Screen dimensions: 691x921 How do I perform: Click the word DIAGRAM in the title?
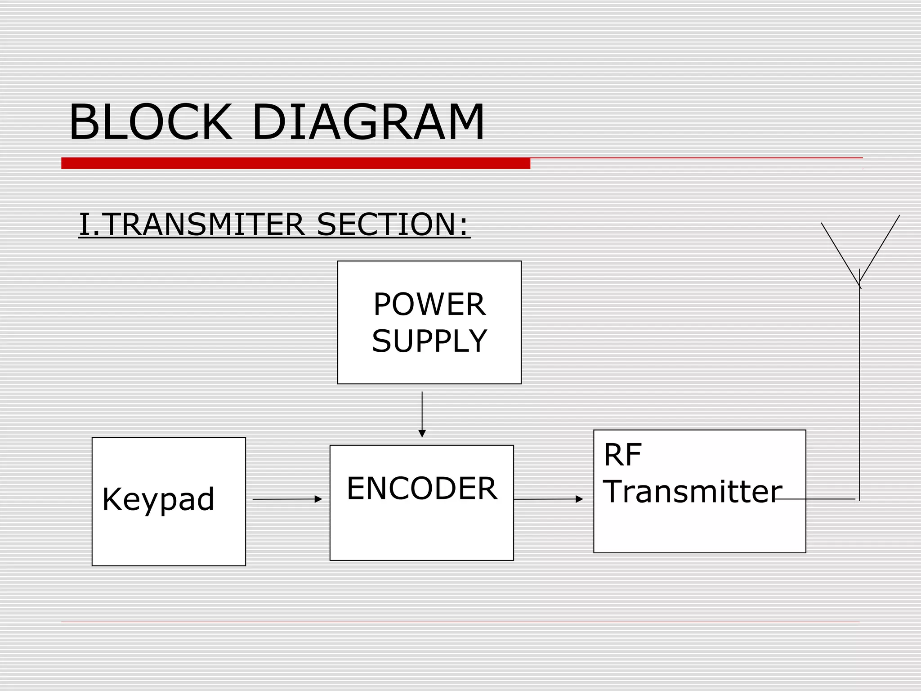[x=368, y=122]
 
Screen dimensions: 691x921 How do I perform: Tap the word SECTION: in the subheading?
[x=393, y=224]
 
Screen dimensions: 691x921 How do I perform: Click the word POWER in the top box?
[x=429, y=305]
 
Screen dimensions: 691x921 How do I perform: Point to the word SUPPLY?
[x=429, y=341]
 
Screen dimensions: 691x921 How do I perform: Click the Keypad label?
[x=158, y=499]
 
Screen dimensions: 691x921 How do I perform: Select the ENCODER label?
[x=422, y=489]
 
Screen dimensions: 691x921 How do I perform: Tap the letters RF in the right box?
[x=622, y=455]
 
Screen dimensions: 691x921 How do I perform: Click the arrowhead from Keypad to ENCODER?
[x=318, y=499]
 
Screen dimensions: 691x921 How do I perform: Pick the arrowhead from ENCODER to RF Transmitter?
[x=579, y=499]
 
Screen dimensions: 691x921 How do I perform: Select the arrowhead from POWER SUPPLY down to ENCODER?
[x=422, y=433]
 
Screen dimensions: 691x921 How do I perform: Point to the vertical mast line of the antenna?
[x=859, y=391]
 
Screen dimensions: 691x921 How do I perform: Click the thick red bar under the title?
[x=295, y=163]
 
